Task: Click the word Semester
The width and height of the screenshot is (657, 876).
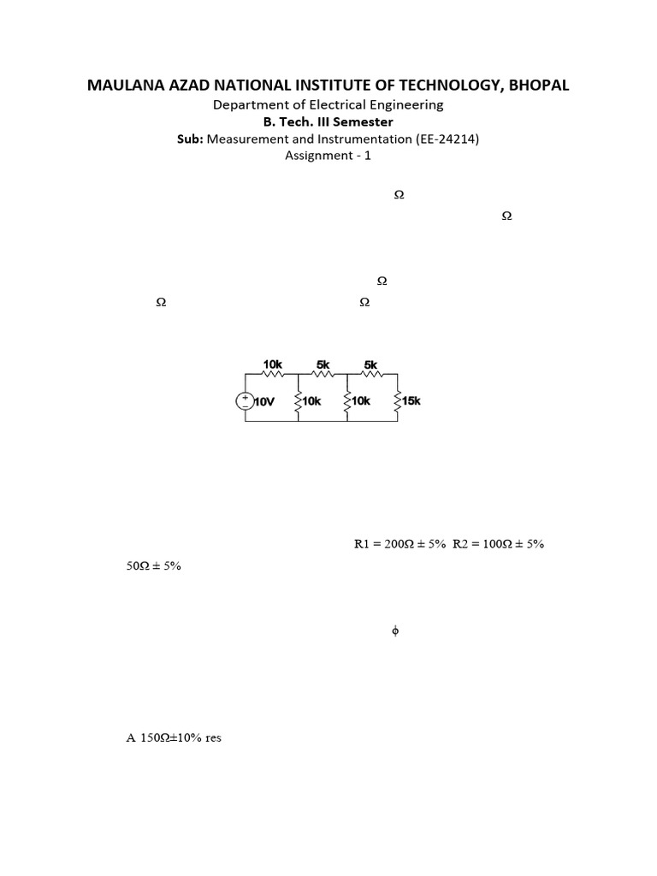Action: pos(363,121)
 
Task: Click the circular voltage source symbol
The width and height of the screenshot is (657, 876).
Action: pos(245,400)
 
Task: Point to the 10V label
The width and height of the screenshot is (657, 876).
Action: pos(265,402)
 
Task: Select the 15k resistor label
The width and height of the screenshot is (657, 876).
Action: pos(411,400)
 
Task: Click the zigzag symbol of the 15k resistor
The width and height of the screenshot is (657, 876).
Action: pos(398,400)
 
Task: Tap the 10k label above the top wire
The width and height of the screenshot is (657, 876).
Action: pos(272,364)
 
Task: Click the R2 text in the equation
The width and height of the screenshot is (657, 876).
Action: pos(460,543)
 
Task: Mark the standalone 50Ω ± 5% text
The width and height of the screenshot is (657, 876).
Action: pos(154,565)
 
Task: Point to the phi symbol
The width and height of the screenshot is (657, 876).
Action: pos(395,631)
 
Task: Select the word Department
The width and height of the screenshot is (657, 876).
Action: pos(247,104)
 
